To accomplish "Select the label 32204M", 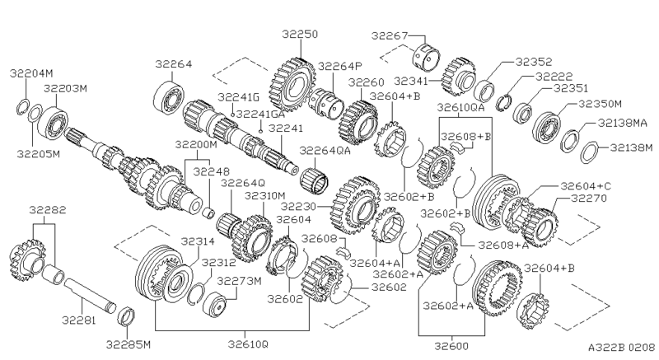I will pos(30,72).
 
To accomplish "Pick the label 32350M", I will pos(600,104).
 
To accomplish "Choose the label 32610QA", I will pos(460,107).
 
